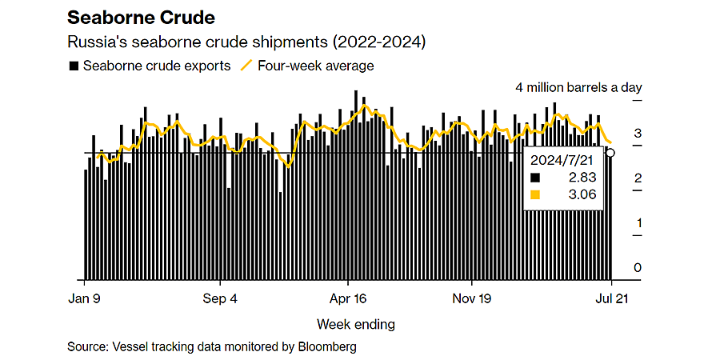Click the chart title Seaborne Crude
point(141,18)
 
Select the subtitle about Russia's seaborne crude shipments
point(246,42)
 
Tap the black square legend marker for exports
point(73,66)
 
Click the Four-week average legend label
point(315,66)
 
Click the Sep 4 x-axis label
point(222,298)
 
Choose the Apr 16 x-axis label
point(348,298)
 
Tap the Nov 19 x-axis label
point(471,298)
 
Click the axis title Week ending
point(355,325)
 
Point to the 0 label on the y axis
point(638,268)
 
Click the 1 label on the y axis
point(638,223)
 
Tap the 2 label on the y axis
point(638,178)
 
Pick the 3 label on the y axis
point(638,134)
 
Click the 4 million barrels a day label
point(579,88)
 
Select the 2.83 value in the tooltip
point(582,178)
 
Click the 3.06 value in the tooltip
point(582,194)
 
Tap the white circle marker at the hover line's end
point(610,153)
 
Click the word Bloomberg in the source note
point(326,346)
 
